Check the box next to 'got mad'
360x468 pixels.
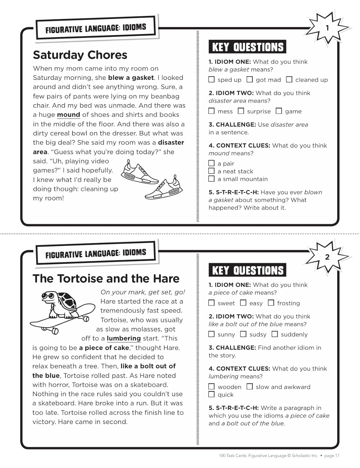pos(250,80)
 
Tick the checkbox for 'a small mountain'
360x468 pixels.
pos(211,179)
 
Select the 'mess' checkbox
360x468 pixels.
pos(211,111)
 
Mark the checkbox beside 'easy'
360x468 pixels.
pos(243,303)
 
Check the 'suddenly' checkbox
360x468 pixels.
pos(275,334)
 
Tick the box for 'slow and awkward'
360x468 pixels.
pos(250,387)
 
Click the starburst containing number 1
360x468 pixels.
pos(327,28)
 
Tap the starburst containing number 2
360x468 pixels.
pos(327,257)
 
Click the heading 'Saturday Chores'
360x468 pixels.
pos(80,55)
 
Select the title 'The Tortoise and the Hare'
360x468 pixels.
pos(106,278)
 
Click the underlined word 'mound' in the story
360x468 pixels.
pos(69,115)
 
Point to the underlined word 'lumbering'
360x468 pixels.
pos(124,339)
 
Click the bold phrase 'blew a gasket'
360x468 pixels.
pos(131,78)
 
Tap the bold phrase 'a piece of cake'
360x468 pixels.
pos(104,348)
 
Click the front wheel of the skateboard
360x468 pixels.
pos(85,318)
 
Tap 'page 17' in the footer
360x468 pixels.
pos(332,456)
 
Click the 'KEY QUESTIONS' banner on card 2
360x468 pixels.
pos(247,271)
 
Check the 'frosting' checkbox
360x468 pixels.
pos(271,303)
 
